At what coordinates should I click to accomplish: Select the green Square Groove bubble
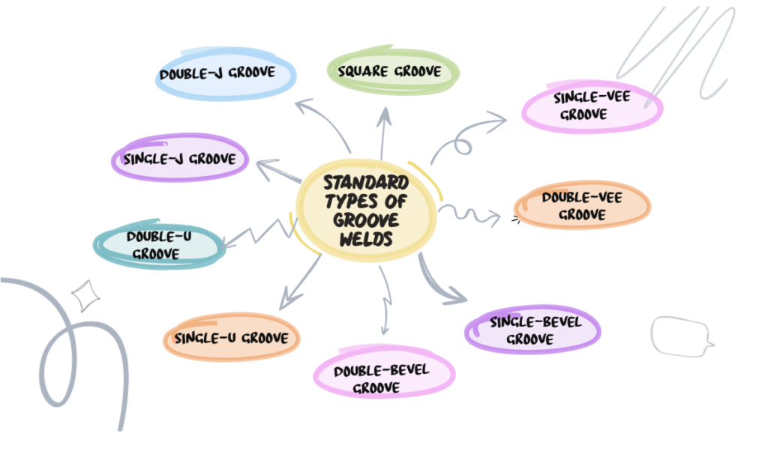[393, 72]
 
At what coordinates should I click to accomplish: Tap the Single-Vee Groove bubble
[592, 106]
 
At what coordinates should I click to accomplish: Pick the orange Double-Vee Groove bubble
[582, 205]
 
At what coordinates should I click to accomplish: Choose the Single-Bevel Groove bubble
[534, 330]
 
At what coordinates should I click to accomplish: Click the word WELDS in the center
[366, 239]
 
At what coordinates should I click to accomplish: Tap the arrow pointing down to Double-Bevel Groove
[385, 300]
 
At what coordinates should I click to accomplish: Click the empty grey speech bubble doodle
[679, 336]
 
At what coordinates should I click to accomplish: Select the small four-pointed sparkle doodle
[85, 295]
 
